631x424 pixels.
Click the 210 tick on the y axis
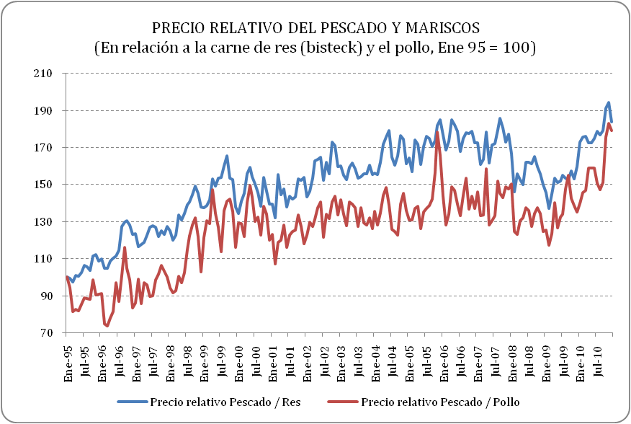pos(45,74)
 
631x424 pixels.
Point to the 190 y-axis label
pos(45,111)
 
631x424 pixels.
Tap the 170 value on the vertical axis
pos(45,148)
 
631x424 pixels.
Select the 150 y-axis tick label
pos(45,185)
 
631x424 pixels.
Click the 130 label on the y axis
pos(45,222)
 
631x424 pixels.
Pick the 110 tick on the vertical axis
pos(45,259)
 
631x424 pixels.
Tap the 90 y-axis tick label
pos(48,296)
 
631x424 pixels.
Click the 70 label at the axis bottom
pos(48,333)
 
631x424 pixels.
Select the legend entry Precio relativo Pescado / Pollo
pos(440,401)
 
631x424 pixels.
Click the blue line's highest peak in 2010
pos(609,102)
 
